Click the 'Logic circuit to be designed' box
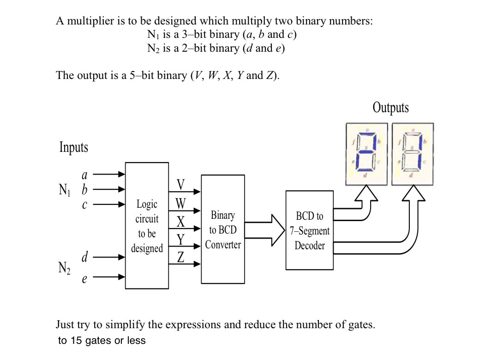tap(147, 226)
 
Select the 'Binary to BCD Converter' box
tap(223, 229)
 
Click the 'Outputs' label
tap(390, 108)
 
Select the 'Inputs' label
tap(73, 147)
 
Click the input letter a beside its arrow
tap(84, 175)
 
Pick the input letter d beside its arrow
tap(84, 258)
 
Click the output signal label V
tap(181, 185)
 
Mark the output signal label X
tap(181, 222)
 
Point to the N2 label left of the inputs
tap(64, 268)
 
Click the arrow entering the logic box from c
tap(109, 204)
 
